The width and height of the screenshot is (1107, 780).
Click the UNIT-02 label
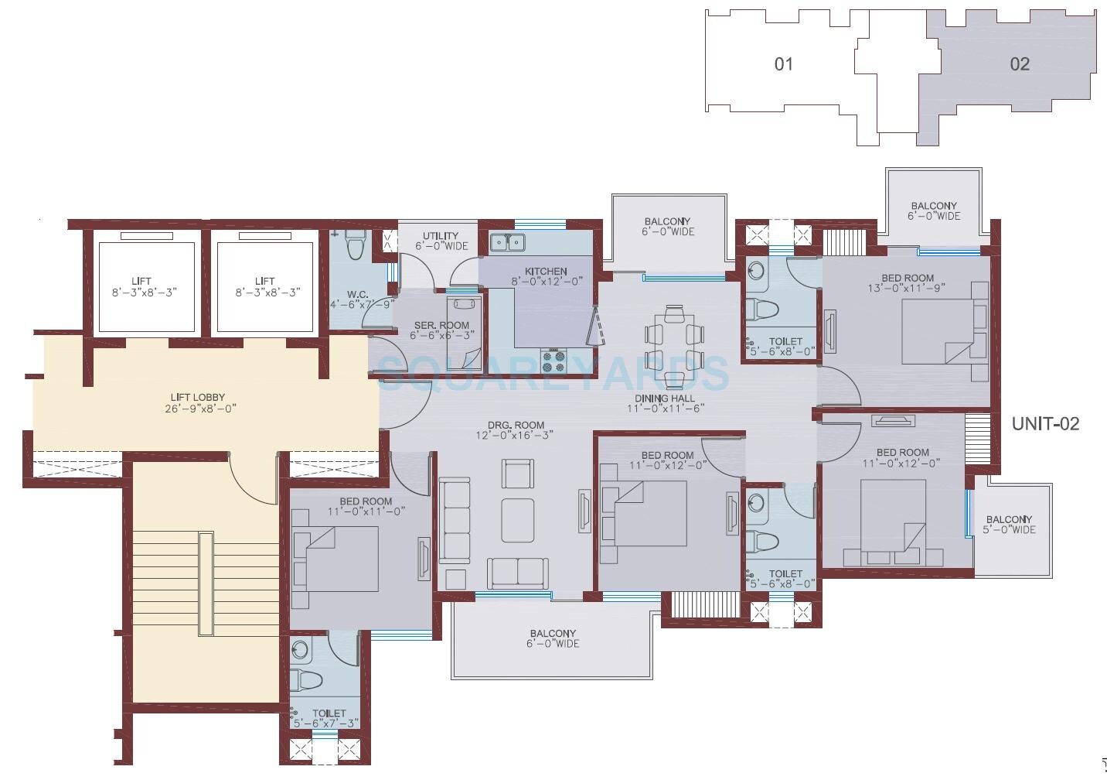1045,423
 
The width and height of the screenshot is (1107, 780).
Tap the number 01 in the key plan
783,63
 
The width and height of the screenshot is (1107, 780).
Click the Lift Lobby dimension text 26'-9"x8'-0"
200,409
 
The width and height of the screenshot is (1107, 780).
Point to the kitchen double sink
507,242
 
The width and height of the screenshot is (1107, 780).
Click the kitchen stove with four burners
553,357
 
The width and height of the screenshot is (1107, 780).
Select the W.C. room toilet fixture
355,245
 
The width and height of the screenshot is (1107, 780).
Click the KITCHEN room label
546,272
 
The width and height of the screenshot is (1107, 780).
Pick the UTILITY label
441,236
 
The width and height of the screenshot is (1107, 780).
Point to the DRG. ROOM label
516,425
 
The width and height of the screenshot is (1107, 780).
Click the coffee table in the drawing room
517,520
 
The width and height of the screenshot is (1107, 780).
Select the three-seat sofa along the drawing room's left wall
455,520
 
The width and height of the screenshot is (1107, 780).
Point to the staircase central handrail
206,583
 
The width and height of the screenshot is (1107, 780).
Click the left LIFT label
141,282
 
